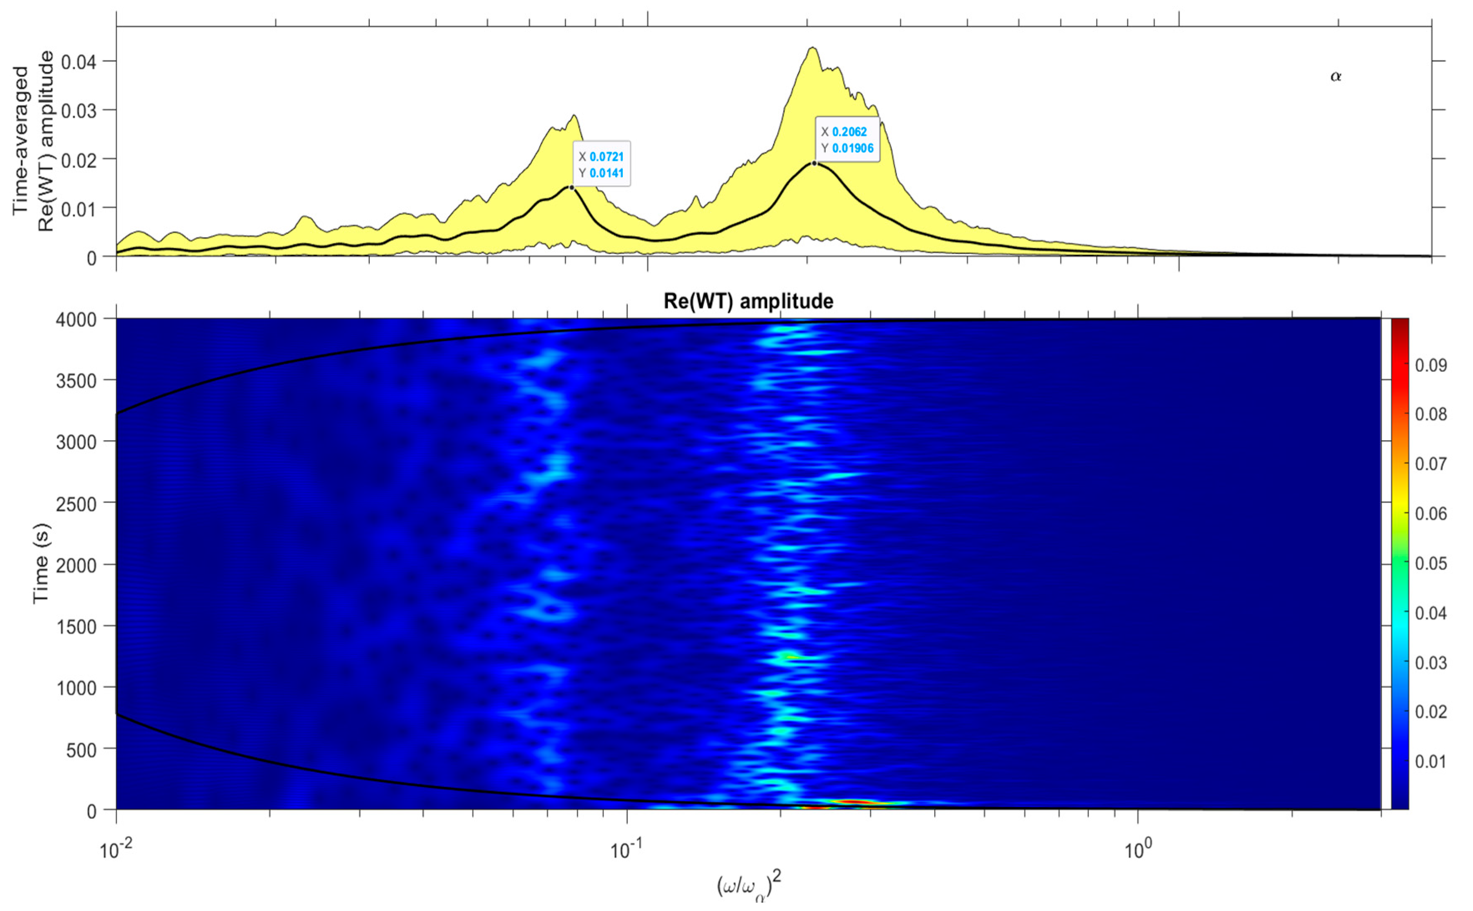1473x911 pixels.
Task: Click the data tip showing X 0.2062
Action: [x=847, y=140]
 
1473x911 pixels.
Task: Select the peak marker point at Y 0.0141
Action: [x=571, y=187]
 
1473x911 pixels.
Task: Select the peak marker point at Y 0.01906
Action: [x=814, y=163]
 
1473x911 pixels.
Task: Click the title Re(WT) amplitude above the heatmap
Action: [x=748, y=300]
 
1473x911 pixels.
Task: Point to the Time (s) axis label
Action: [x=41, y=563]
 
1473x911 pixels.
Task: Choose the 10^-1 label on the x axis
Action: [x=627, y=850]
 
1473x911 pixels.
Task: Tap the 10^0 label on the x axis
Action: [x=1137, y=850]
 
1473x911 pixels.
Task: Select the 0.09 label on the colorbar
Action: [x=1431, y=365]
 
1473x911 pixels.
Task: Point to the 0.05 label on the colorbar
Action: [x=1431, y=563]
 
